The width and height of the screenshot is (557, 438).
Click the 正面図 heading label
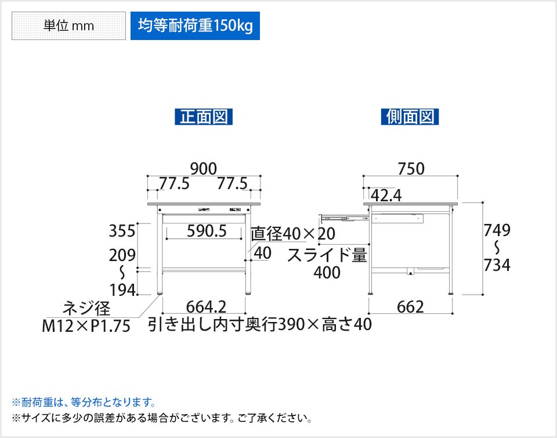[204, 117]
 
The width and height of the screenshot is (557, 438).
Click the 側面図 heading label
[410, 117]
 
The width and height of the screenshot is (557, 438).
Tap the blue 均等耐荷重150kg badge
[195, 26]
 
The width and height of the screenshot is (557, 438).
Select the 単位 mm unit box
[68, 26]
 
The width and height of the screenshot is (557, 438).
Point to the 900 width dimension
[203, 168]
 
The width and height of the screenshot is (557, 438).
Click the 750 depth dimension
[411, 168]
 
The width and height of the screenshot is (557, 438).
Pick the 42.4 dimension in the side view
[386, 196]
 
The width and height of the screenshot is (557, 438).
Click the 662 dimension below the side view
[411, 306]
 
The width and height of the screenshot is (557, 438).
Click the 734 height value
[498, 265]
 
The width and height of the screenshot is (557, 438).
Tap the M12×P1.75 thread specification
[86, 326]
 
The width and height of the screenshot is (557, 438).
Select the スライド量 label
[328, 255]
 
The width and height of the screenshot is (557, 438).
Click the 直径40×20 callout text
[293, 234]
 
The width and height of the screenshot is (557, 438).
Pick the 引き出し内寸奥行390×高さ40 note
[259, 324]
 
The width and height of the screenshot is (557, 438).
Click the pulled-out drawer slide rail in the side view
[343, 219]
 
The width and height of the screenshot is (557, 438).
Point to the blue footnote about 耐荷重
[84, 401]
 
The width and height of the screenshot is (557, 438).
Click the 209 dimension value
[123, 255]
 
